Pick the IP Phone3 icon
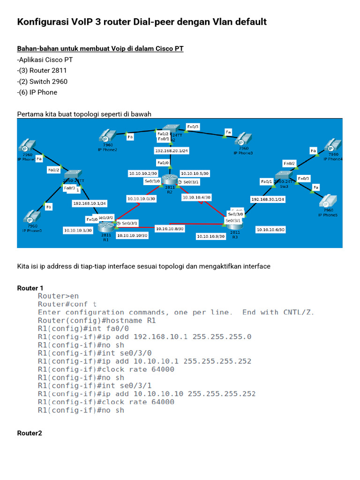[x=242, y=139]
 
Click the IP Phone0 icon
[x=31, y=218]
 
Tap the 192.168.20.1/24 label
[x=171, y=151]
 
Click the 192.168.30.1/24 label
[x=268, y=199]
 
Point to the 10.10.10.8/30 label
[x=170, y=228]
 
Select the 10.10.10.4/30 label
[x=196, y=197]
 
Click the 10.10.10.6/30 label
[x=270, y=230]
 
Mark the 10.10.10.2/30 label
[x=144, y=173]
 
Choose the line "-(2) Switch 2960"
[x=42, y=82]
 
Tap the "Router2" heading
[x=30, y=433]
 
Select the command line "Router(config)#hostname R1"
[x=97, y=321]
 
